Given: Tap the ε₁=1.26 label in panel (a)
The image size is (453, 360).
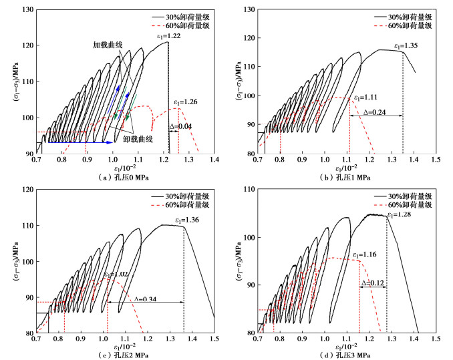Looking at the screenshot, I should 188,102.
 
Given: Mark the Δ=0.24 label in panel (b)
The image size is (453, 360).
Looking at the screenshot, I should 375,112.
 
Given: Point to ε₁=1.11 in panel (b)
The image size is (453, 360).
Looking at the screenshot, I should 367,95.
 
